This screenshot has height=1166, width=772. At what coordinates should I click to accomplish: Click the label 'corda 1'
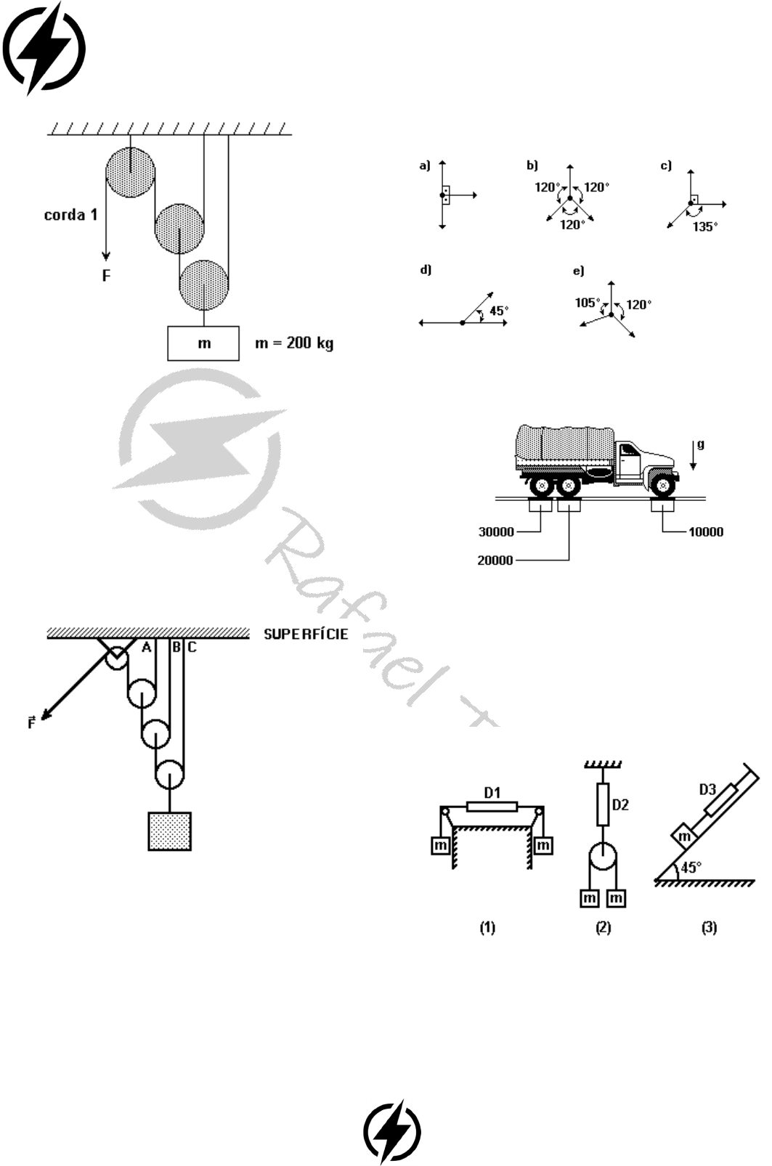(70, 215)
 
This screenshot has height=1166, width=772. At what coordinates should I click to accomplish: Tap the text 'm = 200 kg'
(294, 343)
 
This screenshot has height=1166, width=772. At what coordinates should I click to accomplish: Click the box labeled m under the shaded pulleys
(203, 343)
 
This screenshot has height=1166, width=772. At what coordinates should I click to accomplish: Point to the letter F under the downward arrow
(106, 276)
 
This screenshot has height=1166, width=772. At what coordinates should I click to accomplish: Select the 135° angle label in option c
(704, 227)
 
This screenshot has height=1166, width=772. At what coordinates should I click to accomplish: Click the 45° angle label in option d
(499, 310)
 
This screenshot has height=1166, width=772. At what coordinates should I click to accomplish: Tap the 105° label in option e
(587, 303)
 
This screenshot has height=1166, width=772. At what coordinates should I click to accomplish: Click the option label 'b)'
(532, 166)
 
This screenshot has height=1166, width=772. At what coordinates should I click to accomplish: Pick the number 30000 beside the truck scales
(496, 531)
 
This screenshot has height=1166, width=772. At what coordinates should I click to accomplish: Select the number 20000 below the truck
(495, 560)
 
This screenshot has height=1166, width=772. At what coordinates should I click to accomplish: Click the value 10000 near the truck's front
(706, 531)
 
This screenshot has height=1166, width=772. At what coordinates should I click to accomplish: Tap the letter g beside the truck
(701, 444)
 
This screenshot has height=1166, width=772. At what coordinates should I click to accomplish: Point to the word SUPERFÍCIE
(306, 634)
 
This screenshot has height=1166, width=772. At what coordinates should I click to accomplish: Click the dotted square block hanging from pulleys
(170, 831)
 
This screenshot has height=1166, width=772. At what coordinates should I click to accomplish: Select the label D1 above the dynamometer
(492, 793)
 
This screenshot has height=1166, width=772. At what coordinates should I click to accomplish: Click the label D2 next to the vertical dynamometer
(620, 804)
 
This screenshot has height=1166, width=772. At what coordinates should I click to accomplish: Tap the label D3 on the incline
(708, 788)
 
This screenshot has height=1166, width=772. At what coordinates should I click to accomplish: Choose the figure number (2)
(603, 927)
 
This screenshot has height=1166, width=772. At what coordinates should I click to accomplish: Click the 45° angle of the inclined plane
(691, 867)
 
